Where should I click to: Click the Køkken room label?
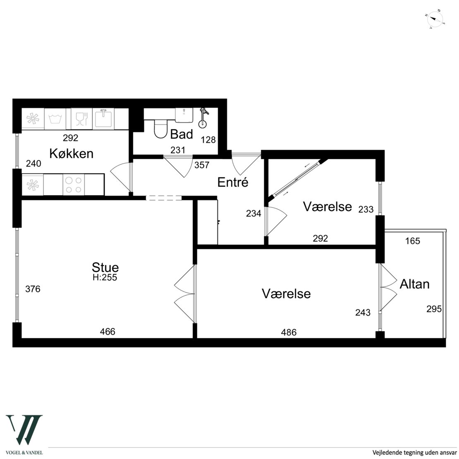coord(72,153)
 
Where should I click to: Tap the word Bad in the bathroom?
coord(182,134)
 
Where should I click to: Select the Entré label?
coord(233,182)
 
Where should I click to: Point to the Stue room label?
coord(105,267)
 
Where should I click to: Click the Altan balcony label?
coord(414,284)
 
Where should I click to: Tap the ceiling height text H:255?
coord(105,277)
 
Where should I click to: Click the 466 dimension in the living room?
coord(108,331)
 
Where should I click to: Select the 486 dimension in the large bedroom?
coord(289,332)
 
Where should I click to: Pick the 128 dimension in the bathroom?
coord(208,140)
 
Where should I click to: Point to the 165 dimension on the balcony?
coord(413,241)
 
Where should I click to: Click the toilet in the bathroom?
coord(160,129)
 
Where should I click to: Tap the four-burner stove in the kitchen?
coord(74,185)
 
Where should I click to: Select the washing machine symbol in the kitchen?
coord(55,119)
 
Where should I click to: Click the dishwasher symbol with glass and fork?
coord(82,119)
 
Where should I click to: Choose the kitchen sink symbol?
coord(103,119)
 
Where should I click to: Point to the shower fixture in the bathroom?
coord(203,118)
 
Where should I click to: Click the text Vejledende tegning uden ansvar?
coord(414,452)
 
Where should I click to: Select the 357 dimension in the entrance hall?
coord(202,165)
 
